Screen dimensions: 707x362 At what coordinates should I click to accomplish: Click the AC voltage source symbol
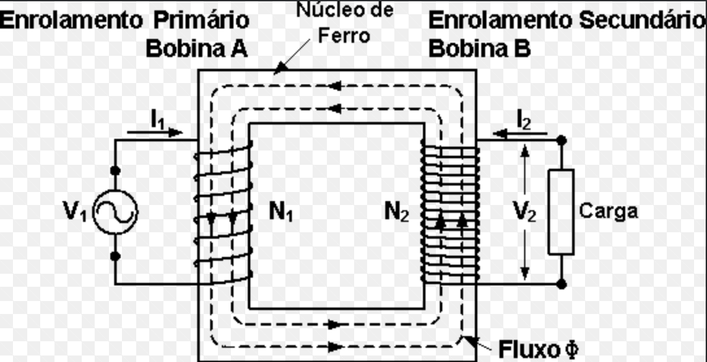tap(115, 212)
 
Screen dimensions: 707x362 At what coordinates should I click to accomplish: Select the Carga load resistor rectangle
tap(561, 212)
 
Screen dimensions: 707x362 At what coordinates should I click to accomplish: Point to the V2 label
tap(523, 211)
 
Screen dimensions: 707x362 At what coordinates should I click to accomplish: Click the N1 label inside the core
tap(281, 211)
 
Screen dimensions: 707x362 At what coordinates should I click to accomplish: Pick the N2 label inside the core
tap(396, 211)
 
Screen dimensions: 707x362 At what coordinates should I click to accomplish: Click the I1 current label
tap(159, 119)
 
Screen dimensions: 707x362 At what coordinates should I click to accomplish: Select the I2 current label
tap(523, 119)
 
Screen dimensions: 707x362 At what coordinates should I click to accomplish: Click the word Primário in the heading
tap(201, 20)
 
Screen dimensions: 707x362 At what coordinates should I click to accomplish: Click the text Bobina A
tap(197, 49)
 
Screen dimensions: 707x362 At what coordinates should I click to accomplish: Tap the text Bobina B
tap(479, 49)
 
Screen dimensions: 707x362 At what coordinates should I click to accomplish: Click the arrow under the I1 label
tap(156, 132)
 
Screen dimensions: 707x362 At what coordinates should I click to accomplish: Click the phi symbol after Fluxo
tap(571, 349)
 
